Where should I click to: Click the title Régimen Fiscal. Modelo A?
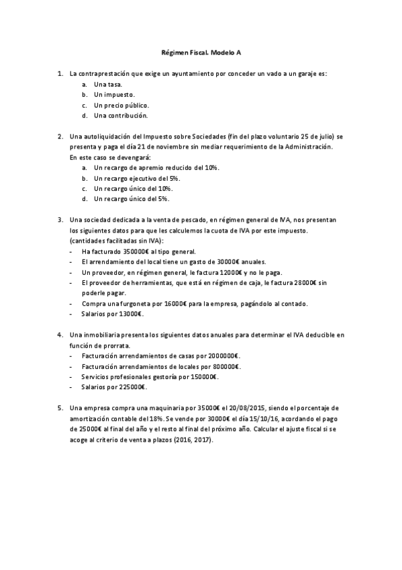click(201, 50)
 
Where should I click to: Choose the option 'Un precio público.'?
click(121, 106)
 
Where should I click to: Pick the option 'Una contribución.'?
click(120, 116)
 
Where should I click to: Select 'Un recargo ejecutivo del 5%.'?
click(137, 178)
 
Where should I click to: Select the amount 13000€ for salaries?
click(128, 314)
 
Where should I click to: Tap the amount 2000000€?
click(219, 356)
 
